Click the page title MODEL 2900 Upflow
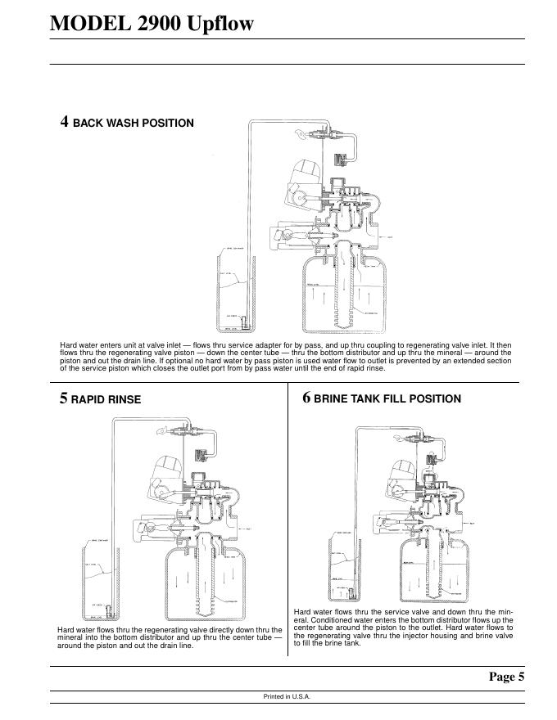click(152, 23)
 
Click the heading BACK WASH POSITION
click(133, 124)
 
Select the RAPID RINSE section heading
click(106, 399)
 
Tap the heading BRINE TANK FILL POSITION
click(387, 398)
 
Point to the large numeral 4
click(64, 122)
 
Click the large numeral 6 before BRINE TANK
click(306, 398)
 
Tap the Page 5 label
click(506, 676)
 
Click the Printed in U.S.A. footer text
click(287, 697)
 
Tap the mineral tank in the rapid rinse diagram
click(206, 581)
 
